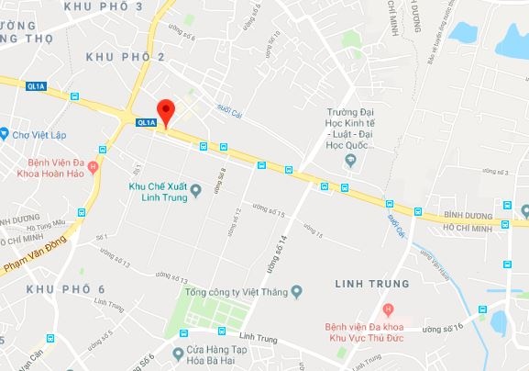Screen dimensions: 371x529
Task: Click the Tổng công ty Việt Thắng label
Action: [x=237, y=294]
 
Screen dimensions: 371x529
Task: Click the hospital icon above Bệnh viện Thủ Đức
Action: [x=390, y=307]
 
